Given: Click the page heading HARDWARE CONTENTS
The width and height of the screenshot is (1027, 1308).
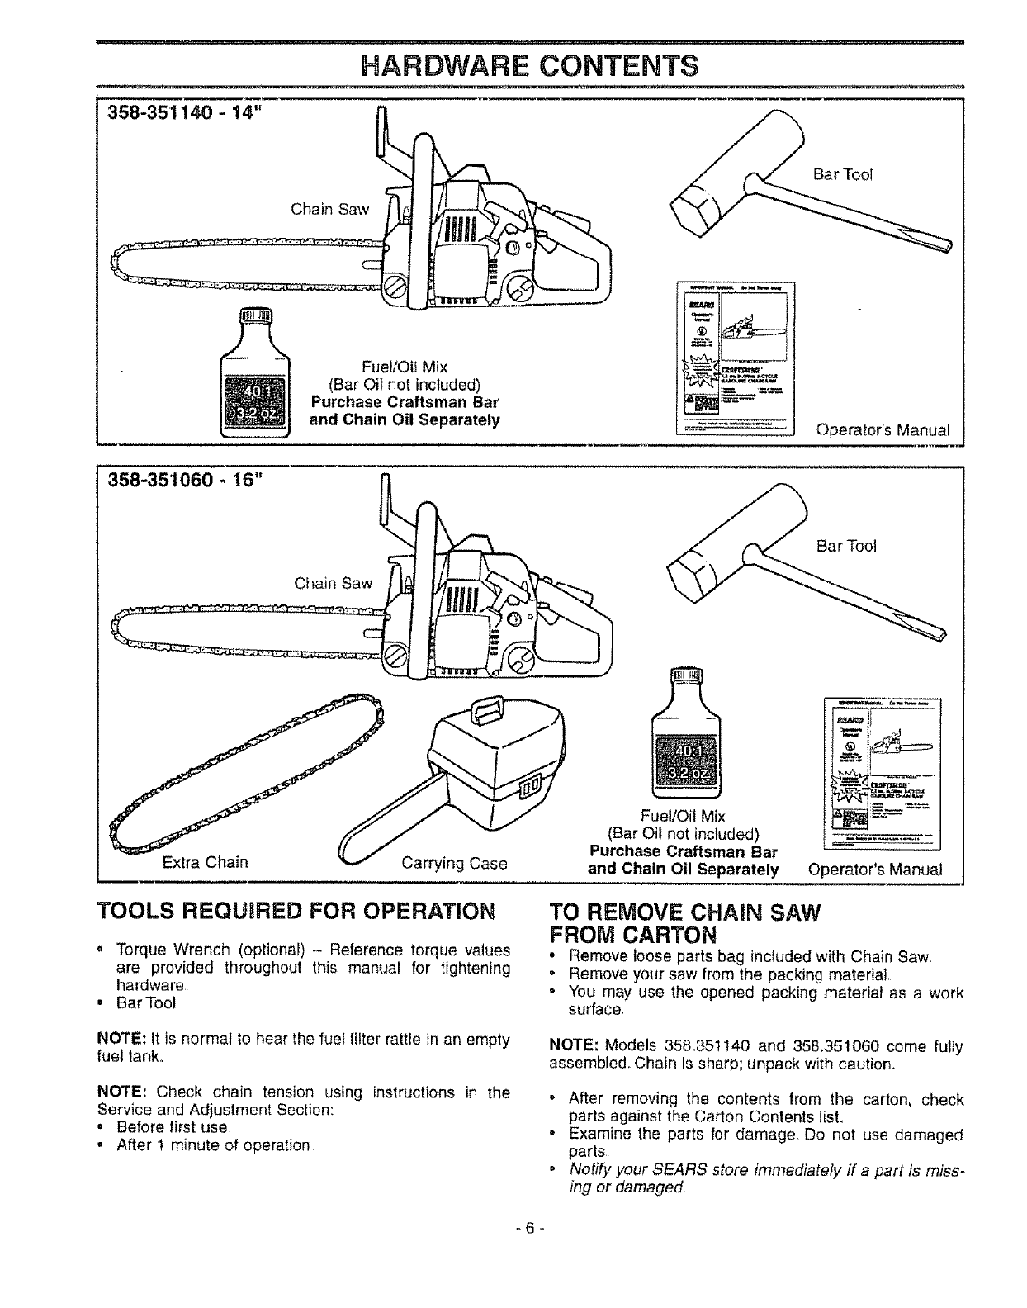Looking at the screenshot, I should coord(513,64).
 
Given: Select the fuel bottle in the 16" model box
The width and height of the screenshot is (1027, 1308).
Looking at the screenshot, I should coord(686,744).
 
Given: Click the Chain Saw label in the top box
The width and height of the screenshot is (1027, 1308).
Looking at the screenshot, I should coord(329,209).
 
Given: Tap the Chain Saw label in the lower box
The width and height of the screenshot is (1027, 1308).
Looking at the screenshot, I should coord(333,584).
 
